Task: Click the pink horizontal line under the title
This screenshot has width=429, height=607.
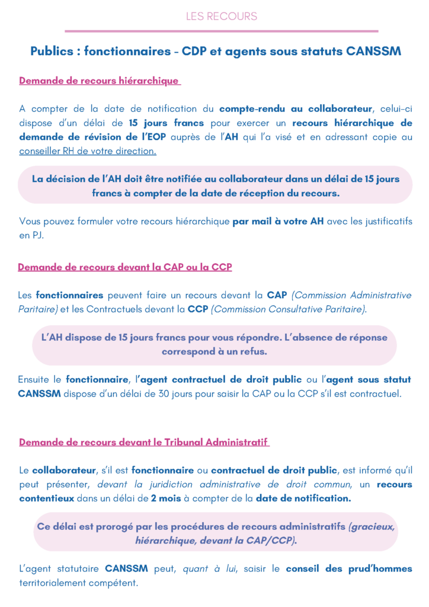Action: click(222, 31)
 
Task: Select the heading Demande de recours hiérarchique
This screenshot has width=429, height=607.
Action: click(100, 81)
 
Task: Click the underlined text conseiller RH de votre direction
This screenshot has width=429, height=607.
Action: click(88, 151)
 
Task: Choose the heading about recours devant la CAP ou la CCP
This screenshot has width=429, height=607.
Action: click(124, 267)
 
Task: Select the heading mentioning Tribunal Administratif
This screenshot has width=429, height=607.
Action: click(144, 442)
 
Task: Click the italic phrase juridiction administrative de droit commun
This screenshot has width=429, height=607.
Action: click(228, 484)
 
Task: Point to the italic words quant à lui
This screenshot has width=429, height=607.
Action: click(212, 568)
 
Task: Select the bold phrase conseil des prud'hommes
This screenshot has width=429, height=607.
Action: click(348, 568)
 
